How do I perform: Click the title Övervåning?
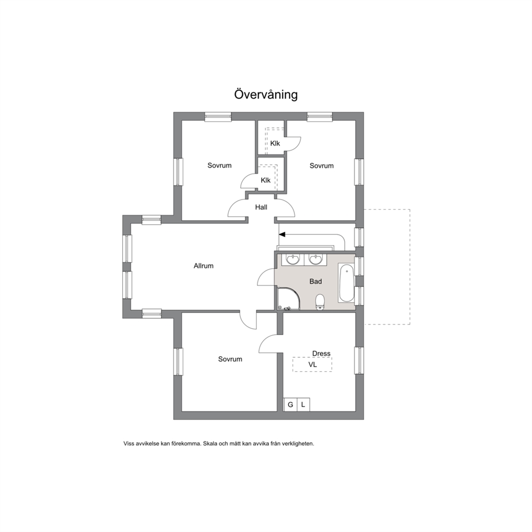pyautogui.click(x=265, y=94)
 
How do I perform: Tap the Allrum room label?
pyautogui.click(x=204, y=265)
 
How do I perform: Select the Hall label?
pyautogui.click(x=261, y=207)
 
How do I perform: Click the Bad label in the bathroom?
pyautogui.click(x=315, y=281)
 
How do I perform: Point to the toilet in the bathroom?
pyautogui.click(x=320, y=302)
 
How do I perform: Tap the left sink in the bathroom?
pyautogui.click(x=292, y=260)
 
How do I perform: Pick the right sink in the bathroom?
pyautogui.click(x=316, y=260)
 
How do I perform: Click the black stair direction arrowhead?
pyautogui.click(x=282, y=234)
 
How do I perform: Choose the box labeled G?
pyautogui.click(x=291, y=404)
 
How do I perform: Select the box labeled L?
pyautogui.click(x=304, y=404)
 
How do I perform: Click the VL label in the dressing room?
pyautogui.click(x=313, y=365)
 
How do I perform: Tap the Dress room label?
pyautogui.click(x=321, y=353)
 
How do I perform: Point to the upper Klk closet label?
pyautogui.click(x=275, y=144)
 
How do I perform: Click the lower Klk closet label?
pyautogui.click(x=265, y=180)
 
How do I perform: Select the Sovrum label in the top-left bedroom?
pyautogui.click(x=219, y=166)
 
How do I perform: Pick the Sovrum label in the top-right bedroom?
pyautogui.click(x=322, y=166)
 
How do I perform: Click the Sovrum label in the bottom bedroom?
pyautogui.click(x=230, y=359)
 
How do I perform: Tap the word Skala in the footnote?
pyautogui.click(x=210, y=444)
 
